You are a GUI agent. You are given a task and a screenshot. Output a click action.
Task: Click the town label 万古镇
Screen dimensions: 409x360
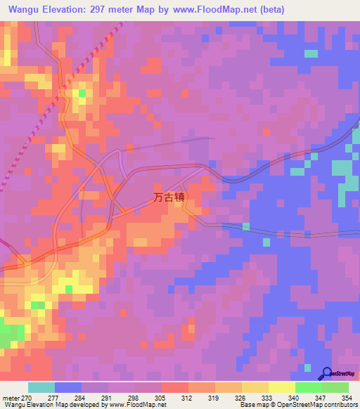tap(169, 198)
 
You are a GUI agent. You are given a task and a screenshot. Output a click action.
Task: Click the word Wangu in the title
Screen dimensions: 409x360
tap(24, 9)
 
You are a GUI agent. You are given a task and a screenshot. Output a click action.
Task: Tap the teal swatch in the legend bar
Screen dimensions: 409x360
tap(41, 387)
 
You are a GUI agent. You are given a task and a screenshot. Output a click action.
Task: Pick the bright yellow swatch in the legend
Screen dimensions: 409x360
tap(282, 387)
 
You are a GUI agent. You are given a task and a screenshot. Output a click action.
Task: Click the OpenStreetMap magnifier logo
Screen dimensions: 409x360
tap(326, 373)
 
